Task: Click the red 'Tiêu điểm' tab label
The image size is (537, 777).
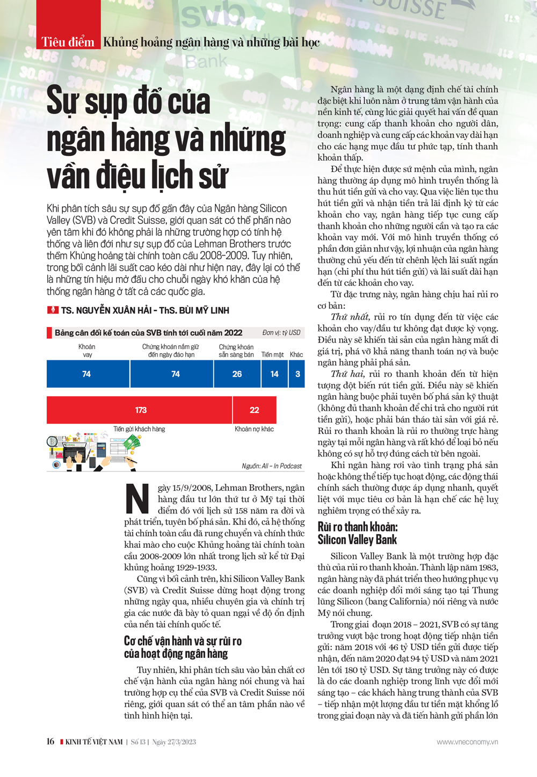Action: point(68,42)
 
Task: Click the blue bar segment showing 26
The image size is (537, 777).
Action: point(237,374)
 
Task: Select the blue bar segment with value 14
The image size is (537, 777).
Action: point(274,374)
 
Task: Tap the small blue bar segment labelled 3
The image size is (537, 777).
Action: point(297,374)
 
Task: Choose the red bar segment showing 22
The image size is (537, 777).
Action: point(255,410)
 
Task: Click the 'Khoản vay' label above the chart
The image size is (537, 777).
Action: point(87,351)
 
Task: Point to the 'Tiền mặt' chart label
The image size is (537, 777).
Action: point(272,354)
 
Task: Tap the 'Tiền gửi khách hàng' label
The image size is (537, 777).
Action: point(139,429)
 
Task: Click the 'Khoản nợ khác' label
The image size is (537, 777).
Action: point(254,429)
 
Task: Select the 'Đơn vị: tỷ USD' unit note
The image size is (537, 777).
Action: point(281,333)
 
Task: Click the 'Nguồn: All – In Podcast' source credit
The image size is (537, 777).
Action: point(272,466)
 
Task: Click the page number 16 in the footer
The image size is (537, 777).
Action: point(50,742)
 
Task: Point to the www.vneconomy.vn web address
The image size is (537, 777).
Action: point(467,742)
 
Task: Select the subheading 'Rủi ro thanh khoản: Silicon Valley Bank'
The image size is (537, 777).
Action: point(358,533)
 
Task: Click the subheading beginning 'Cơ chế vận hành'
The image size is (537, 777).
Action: point(183,647)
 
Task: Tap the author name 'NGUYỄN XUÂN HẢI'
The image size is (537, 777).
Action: point(111,310)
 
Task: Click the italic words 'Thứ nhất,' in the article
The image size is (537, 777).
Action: point(350,317)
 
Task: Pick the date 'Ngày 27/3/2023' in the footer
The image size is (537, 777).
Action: point(174,742)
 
